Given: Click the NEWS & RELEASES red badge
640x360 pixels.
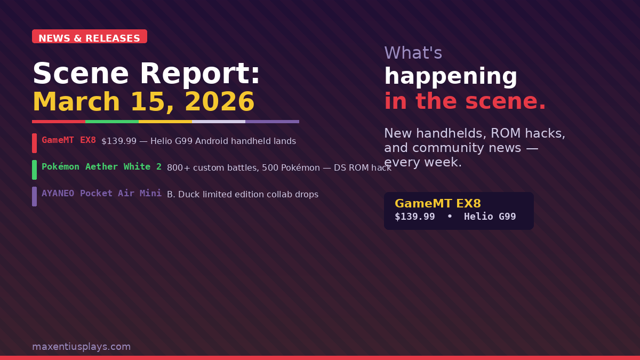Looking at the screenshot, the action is pos(90,36).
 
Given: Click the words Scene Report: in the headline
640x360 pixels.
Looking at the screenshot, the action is pos(146,74).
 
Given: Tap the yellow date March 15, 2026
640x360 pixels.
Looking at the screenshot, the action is pos(143,102).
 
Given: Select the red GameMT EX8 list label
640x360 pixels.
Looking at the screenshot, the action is pos(69,140).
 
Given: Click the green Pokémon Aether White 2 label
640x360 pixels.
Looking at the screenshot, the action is pos(101,167).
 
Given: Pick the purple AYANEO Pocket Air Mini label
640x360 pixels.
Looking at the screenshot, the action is pos(101,194).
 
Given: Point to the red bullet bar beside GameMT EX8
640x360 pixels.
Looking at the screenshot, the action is pos(34,143).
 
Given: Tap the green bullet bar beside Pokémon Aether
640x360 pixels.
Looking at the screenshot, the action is pos(34,170).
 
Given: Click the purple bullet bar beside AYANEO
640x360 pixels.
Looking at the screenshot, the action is pos(34,196).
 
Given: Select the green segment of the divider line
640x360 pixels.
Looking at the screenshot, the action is pos(112,122).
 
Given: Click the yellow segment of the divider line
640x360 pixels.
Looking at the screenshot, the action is pos(165,122).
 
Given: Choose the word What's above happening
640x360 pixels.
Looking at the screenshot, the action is pos(413,53).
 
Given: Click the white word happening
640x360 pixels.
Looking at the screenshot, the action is pos(451,76).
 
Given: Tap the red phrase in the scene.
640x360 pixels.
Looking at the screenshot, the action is pos(465,101).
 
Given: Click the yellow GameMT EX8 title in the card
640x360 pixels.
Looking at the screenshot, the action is pos(438,203).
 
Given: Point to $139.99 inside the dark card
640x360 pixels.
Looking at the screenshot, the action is pos(415,217).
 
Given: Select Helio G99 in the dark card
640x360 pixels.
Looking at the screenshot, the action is pos(490,217).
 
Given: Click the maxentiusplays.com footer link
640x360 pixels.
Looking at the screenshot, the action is pos(82,347).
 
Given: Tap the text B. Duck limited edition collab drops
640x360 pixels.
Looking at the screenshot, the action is pos(243,194).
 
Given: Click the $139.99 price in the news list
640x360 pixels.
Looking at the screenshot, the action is pos(119,141).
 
